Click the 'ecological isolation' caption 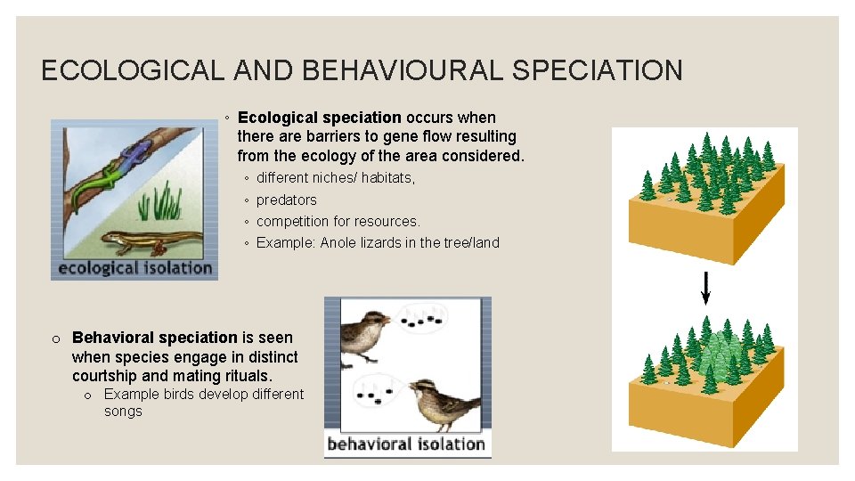pyautogui.click(x=134, y=267)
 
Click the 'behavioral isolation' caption pyautogui.click(x=407, y=444)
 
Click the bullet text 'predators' pyautogui.click(x=286, y=200)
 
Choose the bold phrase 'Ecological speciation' pyautogui.click(x=320, y=118)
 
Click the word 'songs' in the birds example pyautogui.click(x=123, y=411)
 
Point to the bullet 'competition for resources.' pyautogui.click(x=338, y=221)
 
